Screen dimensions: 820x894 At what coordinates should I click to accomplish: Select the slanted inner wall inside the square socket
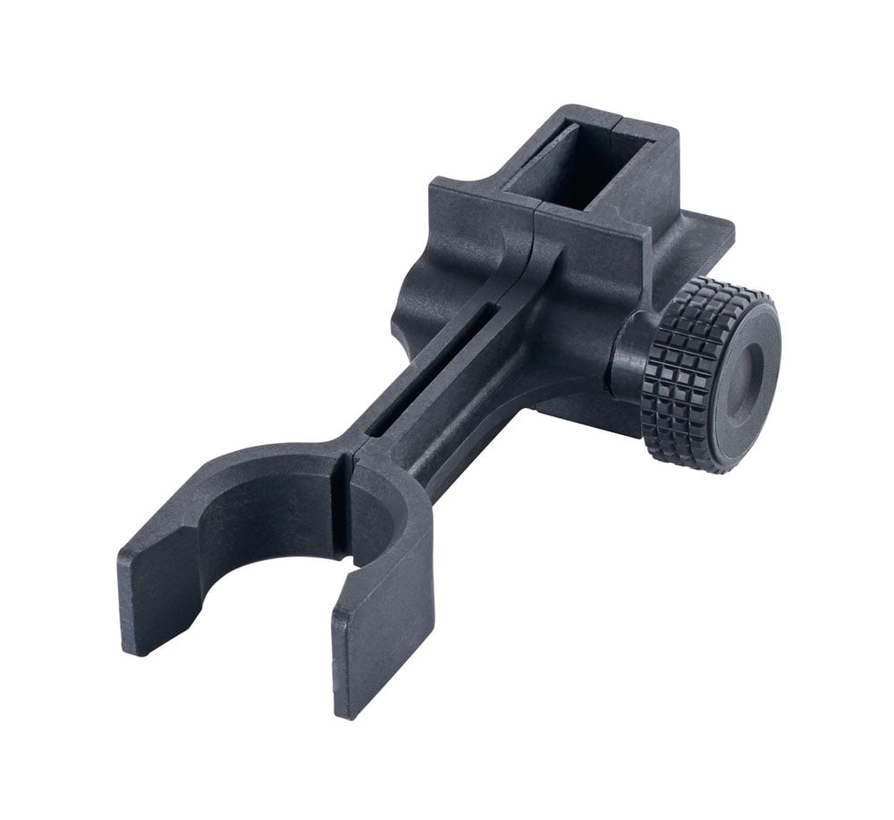click(x=536, y=165)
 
